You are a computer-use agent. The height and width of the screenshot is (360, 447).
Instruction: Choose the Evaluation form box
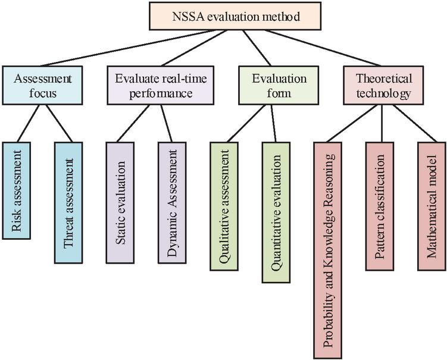(271, 86)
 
